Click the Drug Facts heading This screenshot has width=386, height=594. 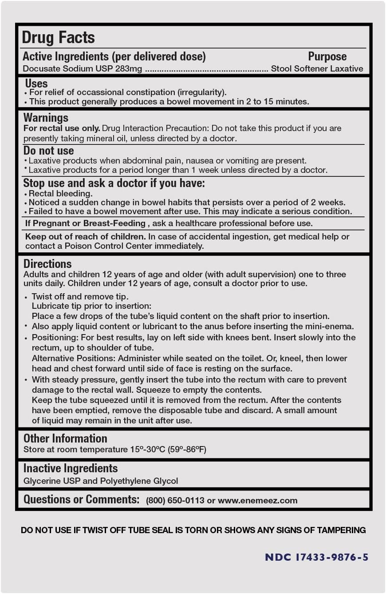coord(58,37)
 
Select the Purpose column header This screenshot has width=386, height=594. coord(327,56)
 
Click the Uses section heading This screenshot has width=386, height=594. coord(36,84)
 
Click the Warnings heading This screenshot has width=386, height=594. coord(46,118)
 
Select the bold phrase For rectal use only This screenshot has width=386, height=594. coord(62,128)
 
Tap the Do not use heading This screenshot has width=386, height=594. coord(48,151)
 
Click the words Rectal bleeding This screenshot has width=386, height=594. coord(61,194)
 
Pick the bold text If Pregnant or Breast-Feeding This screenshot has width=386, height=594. coord(85,223)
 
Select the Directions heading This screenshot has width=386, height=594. coord(47,264)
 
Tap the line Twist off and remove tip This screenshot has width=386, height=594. coord(80,296)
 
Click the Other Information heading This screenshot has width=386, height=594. coord(65,439)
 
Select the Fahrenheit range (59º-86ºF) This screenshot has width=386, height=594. coord(187,450)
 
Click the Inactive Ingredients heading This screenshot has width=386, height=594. coord(71,468)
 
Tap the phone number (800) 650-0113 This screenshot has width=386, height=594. coord(175,501)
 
